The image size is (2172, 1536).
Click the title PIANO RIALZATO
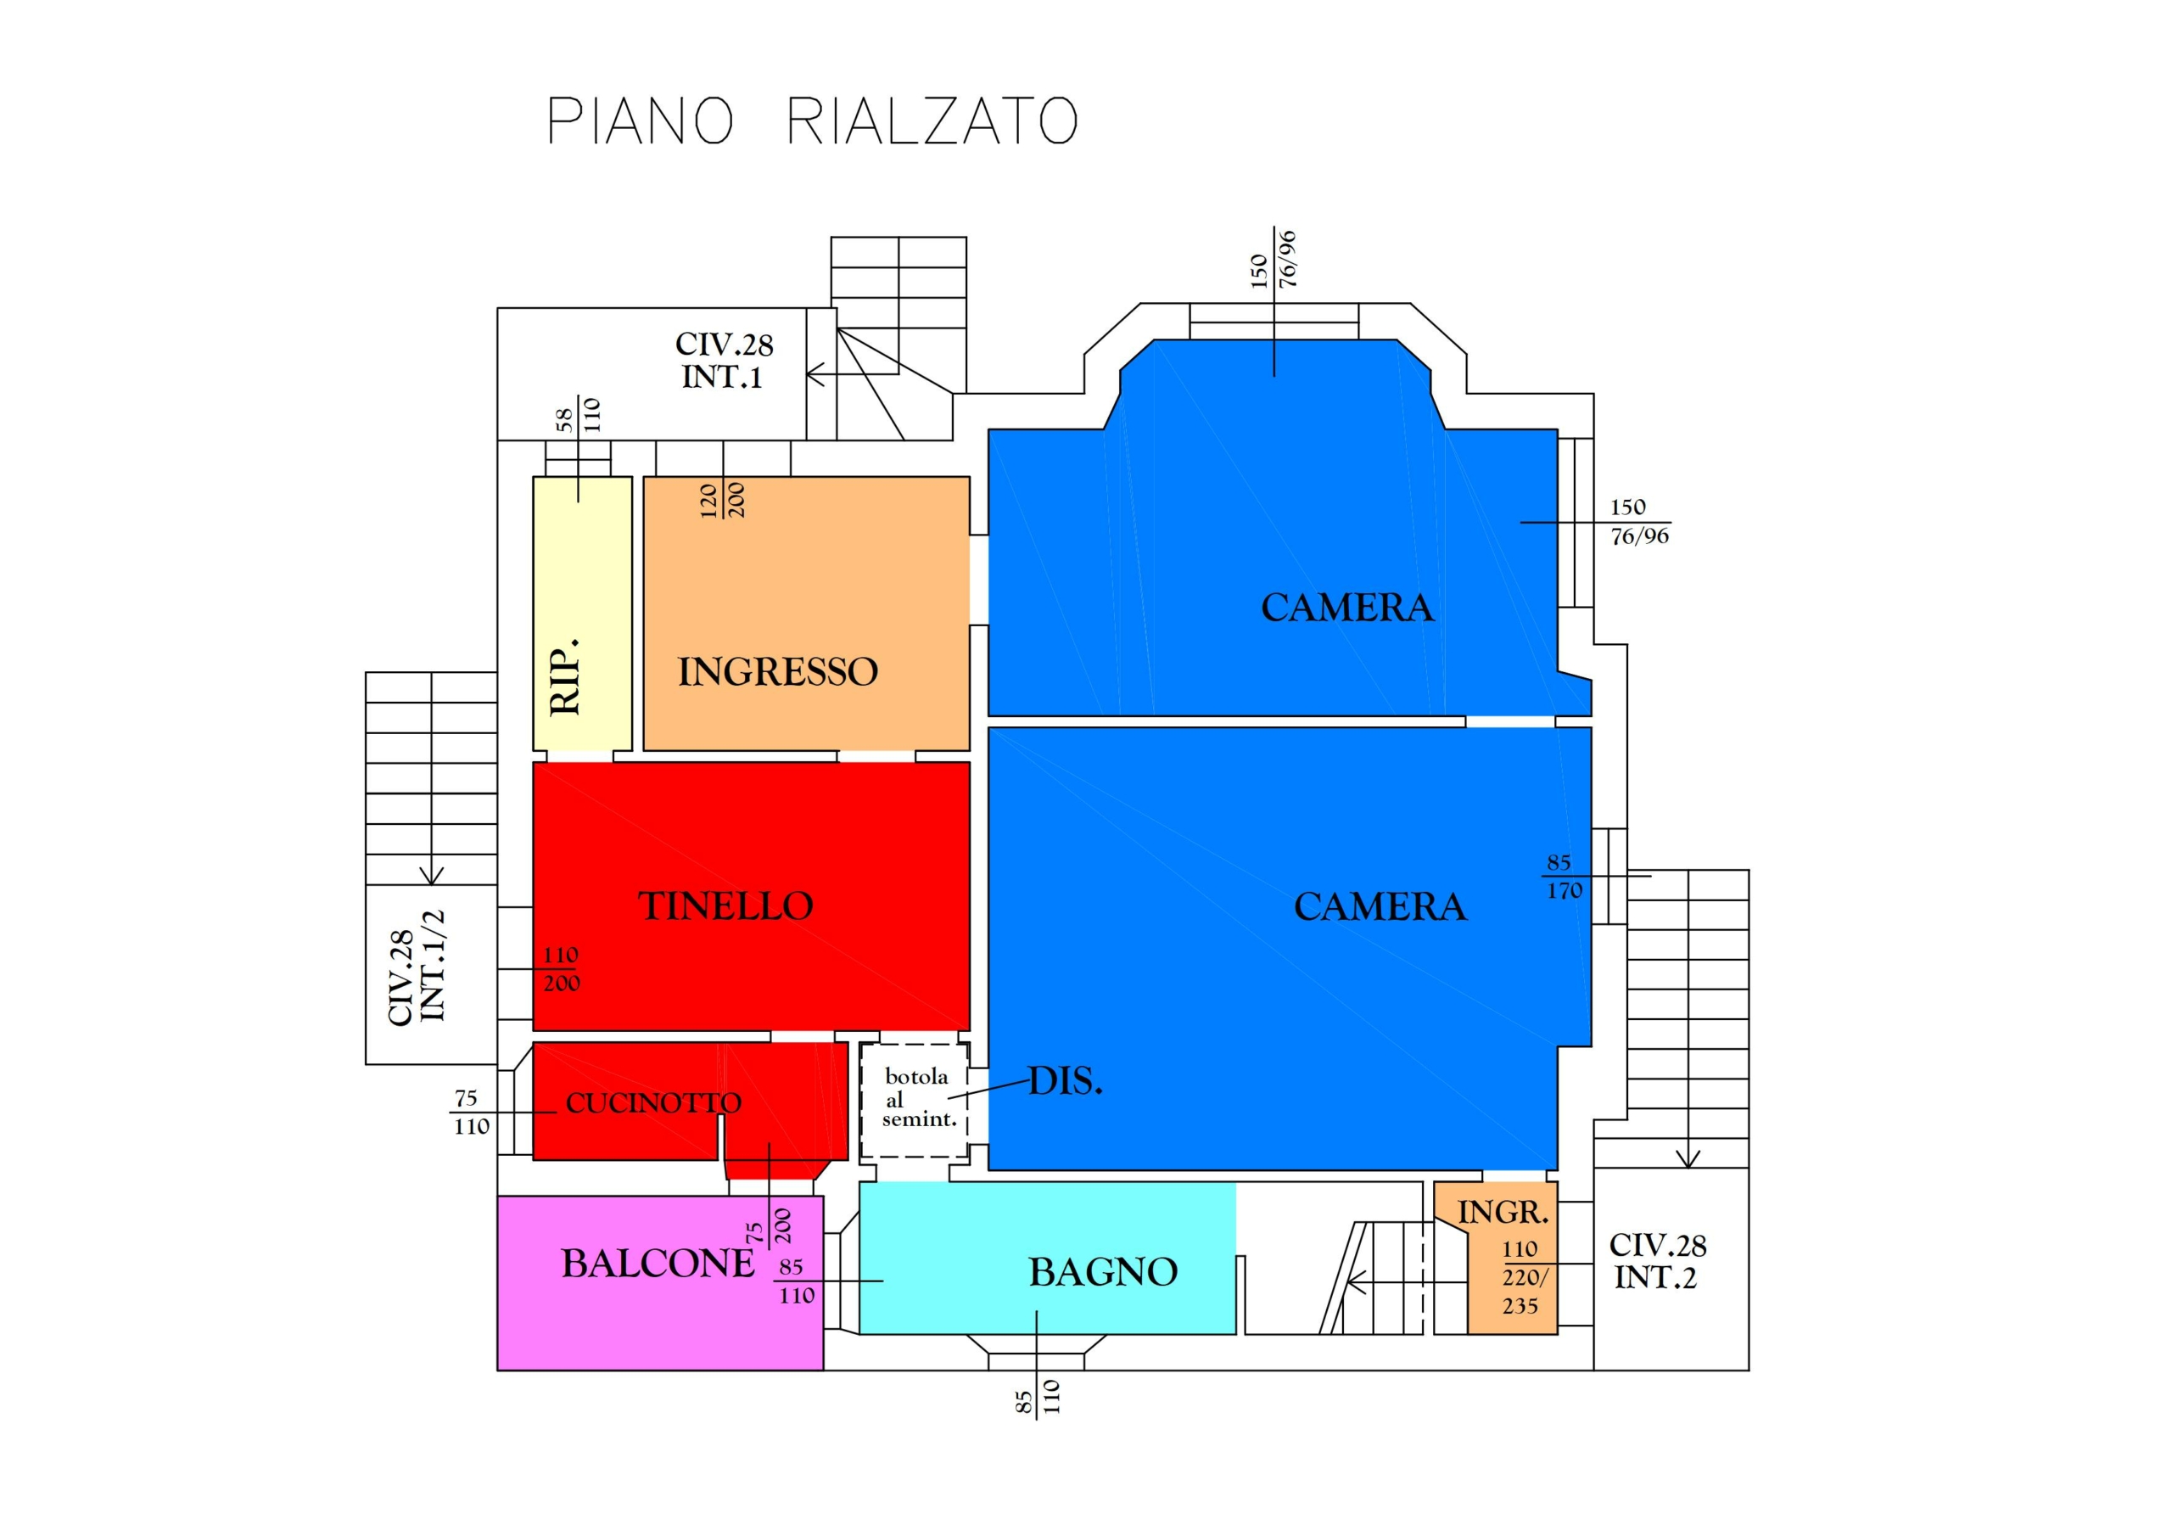(x=813, y=121)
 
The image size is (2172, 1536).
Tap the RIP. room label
(x=564, y=676)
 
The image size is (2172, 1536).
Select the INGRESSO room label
(x=778, y=672)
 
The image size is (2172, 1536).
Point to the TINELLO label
(x=725, y=905)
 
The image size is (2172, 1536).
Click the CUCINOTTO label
(x=653, y=1102)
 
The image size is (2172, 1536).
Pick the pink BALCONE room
(x=660, y=1282)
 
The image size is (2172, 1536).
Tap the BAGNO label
(x=1103, y=1272)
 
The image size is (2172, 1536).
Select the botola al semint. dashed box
(x=915, y=1102)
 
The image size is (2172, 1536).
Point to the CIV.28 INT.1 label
(x=724, y=361)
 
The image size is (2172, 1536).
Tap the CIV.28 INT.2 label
(x=1657, y=1262)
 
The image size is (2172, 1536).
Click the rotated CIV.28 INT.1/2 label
(x=417, y=967)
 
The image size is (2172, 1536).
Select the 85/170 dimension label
(x=1565, y=877)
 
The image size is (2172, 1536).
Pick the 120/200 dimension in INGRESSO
(x=723, y=500)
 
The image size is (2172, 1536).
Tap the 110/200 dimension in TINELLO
(x=561, y=969)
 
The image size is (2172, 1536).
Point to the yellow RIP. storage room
(x=583, y=614)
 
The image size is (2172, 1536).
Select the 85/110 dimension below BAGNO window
(x=1038, y=1397)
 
